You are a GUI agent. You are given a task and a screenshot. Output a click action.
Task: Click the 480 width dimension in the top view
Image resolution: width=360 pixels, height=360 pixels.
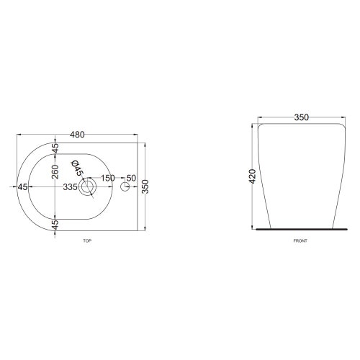click(x=78, y=134)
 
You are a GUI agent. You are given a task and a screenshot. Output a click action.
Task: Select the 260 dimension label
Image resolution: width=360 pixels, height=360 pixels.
click(x=55, y=171)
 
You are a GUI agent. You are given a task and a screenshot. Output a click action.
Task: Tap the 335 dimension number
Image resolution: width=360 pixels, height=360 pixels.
click(x=71, y=187)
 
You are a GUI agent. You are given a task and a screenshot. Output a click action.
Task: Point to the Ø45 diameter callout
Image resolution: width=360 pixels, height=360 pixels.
click(x=78, y=168)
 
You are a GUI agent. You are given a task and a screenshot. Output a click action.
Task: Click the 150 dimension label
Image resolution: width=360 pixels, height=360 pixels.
click(x=107, y=178)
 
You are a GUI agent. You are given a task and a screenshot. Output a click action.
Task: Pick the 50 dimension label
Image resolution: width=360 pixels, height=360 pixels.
click(x=130, y=178)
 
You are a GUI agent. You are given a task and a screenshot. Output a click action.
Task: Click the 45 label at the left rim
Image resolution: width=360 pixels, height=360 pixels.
click(x=23, y=187)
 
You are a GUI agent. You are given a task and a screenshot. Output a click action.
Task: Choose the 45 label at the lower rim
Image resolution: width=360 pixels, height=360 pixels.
click(x=55, y=224)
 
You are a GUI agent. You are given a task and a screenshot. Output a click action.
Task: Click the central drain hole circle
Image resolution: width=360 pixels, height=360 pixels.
click(x=89, y=188)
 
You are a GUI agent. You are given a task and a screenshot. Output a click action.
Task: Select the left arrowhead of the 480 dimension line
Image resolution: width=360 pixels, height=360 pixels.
click(x=19, y=139)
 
